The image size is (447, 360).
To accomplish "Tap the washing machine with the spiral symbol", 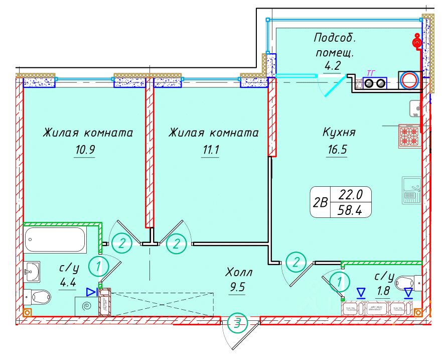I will click(87, 305).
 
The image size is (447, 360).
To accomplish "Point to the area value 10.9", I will click(84, 150).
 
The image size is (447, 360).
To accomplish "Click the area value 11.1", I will click(210, 150).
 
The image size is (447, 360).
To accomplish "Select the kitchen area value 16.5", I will click(336, 150).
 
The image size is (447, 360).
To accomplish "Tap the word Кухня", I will click(339, 133).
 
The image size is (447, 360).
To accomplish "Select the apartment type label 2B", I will click(320, 202).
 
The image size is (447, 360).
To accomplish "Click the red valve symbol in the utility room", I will click(416, 43).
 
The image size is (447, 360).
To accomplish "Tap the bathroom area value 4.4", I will click(67, 283).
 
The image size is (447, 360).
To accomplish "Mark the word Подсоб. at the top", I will click(333, 38).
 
